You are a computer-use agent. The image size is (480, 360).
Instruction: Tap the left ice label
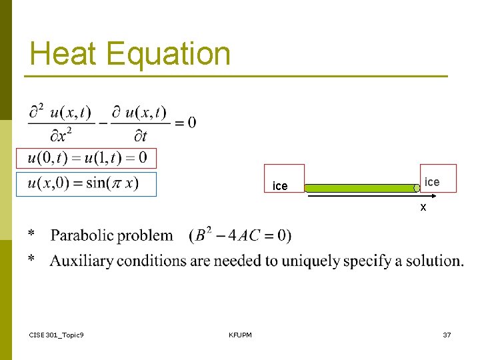pos(280,186)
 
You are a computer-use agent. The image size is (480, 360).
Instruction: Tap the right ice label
pos(432,182)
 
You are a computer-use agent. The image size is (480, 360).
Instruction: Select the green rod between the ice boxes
pos(360,188)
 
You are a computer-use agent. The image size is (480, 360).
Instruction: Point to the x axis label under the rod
pos(423,208)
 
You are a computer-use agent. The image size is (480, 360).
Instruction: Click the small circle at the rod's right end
pos(417,189)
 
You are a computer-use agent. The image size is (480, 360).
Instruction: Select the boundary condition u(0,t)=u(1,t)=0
pos(87,158)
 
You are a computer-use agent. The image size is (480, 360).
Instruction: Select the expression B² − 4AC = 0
pos(240,235)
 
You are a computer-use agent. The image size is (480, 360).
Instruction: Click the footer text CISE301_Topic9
pos(57,335)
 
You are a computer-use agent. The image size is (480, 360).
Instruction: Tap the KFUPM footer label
pos(240,335)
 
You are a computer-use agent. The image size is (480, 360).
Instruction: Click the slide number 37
pos(447,335)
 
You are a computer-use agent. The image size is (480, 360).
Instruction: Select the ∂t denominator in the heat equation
pos(140,136)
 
